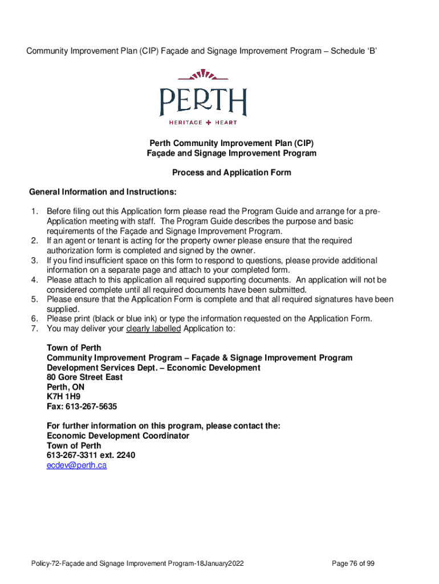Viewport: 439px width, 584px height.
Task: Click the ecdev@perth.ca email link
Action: [76, 465]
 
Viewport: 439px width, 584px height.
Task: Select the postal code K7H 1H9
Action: [64, 396]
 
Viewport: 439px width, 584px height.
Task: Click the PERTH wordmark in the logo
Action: [202, 103]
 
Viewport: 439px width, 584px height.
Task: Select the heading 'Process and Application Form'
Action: [231, 172]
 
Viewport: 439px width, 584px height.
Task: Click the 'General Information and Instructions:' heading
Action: [103, 191]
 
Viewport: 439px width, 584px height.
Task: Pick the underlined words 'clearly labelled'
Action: [153, 328]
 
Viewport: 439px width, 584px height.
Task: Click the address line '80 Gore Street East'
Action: [84, 377]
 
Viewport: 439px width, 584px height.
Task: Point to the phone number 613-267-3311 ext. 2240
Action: [91, 455]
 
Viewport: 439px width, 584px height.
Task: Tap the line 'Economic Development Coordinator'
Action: [118, 436]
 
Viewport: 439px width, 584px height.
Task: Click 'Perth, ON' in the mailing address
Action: [66, 387]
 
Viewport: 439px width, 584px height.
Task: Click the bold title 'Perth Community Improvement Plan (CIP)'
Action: [231, 143]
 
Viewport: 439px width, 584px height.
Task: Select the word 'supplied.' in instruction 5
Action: [63, 309]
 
